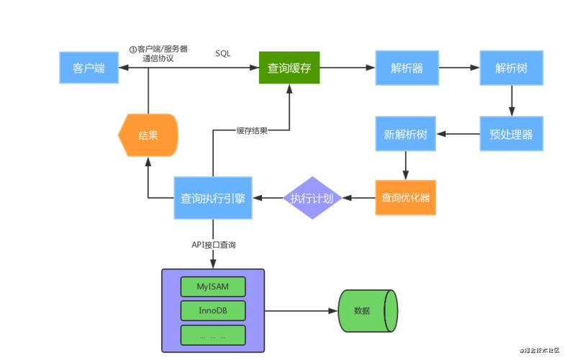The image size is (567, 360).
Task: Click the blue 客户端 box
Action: pyautogui.click(x=89, y=68)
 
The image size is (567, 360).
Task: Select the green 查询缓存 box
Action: pyautogui.click(x=289, y=68)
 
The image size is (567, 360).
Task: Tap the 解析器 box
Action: pyautogui.click(x=407, y=68)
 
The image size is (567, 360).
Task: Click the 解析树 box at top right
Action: pyautogui.click(x=511, y=68)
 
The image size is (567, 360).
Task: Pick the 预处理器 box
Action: pyautogui.click(x=511, y=134)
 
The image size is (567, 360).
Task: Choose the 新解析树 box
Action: pyautogui.click(x=407, y=134)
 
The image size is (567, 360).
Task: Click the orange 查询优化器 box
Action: pyautogui.click(x=406, y=197)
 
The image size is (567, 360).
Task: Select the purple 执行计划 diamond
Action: pyautogui.click(x=312, y=197)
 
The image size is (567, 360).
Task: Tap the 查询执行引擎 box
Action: pyautogui.click(x=213, y=197)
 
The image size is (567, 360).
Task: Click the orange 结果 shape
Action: pyautogui.click(x=148, y=135)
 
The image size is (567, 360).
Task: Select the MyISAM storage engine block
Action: pyautogui.click(x=212, y=286)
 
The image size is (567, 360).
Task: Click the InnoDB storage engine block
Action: pyautogui.click(x=212, y=310)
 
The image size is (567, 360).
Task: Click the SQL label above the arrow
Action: pyautogui.click(x=223, y=54)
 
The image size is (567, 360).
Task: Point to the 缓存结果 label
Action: pyautogui.click(x=252, y=130)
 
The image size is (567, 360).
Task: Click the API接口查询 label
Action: pyautogui.click(x=214, y=245)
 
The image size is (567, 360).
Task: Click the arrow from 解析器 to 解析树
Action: pyautogui.click(x=459, y=68)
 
